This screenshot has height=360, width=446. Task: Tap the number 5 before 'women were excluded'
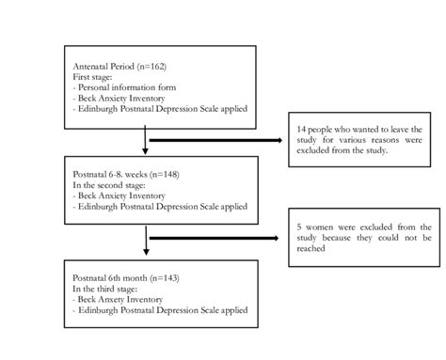(x=300, y=227)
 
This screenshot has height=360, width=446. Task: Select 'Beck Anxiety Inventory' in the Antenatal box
(x=118, y=99)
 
